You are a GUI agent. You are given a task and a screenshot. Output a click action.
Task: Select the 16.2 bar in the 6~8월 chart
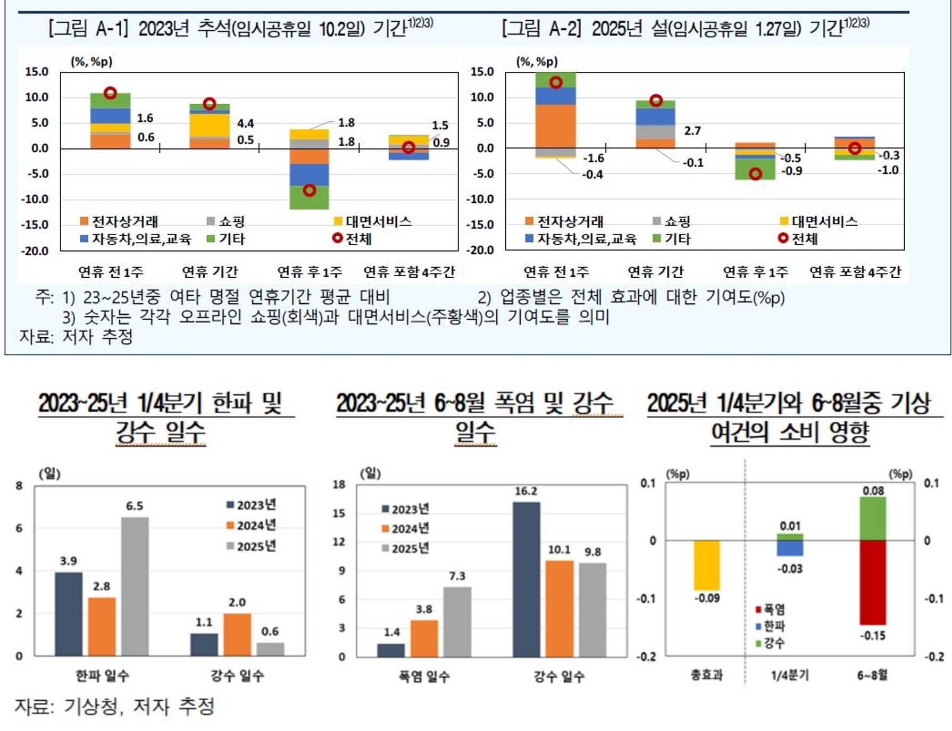click(526, 579)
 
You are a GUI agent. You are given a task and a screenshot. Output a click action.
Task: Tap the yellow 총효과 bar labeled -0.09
click(707, 565)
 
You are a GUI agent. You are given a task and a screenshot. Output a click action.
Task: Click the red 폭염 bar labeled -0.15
click(873, 582)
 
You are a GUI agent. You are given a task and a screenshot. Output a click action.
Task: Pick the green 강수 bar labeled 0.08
click(873, 519)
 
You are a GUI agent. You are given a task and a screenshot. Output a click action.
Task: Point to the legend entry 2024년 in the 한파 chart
click(252, 526)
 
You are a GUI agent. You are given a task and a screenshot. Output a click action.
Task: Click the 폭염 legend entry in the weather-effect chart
click(770, 609)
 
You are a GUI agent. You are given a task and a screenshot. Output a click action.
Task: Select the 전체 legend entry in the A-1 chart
click(353, 239)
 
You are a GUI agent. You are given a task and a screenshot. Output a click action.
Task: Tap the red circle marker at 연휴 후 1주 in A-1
click(309, 190)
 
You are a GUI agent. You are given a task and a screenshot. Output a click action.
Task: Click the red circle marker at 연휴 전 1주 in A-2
click(556, 82)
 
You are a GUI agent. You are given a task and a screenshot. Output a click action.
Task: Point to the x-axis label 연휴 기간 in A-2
click(655, 272)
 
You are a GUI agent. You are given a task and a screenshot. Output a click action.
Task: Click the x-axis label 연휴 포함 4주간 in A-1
click(409, 272)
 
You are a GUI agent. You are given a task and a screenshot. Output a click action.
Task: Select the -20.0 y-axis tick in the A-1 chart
click(35, 251)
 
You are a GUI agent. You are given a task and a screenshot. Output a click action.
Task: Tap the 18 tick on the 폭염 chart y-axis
click(339, 485)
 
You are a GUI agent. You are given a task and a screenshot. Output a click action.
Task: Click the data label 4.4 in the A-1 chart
click(245, 123)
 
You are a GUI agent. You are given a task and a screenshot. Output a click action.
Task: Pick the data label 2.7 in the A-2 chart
click(692, 131)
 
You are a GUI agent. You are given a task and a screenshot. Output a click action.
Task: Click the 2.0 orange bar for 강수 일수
click(237, 634)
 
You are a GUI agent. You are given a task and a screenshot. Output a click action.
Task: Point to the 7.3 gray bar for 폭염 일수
click(457, 621)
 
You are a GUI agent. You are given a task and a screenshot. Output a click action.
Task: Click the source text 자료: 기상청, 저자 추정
click(114, 707)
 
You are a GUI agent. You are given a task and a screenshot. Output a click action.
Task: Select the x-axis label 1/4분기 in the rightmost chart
click(790, 675)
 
